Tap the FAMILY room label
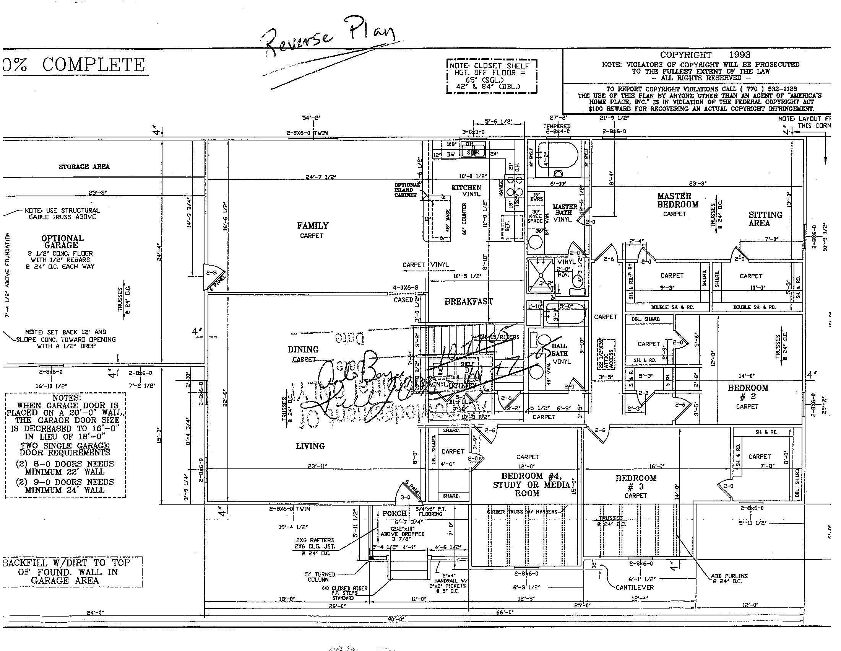point(313,226)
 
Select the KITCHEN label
point(466,188)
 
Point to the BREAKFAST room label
point(468,302)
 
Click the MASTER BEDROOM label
point(677,201)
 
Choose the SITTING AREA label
point(765,219)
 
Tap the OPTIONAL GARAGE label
point(62,241)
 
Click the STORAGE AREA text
point(84,166)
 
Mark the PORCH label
point(394,513)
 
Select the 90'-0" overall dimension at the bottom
point(396,619)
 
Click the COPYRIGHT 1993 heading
point(705,55)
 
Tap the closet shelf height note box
point(491,76)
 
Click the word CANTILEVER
point(635,587)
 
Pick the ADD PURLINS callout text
point(729,579)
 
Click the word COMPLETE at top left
point(93,65)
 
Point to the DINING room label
point(303,349)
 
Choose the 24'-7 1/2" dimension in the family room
point(320,177)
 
